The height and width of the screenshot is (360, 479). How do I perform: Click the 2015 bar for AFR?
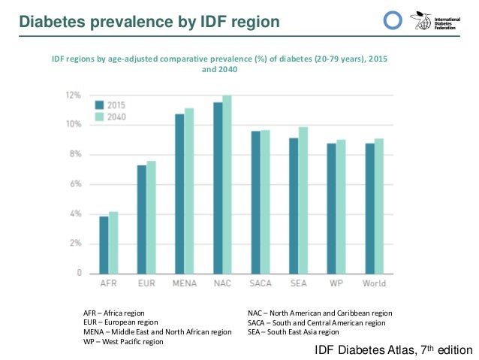pyautogui.click(x=104, y=245)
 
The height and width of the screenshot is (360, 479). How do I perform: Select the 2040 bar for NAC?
pyautogui.click(x=227, y=185)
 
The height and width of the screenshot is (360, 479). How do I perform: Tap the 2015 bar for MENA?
pyautogui.click(x=179, y=194)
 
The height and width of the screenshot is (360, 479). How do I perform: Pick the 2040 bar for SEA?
pyautogui.click(x=303, y=201)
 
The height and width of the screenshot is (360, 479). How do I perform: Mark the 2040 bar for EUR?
pyautogui.click(x=151, y=217)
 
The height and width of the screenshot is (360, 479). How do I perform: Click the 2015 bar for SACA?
pyautogui.click(x=256, y=202)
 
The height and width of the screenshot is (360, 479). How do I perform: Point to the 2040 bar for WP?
pyautogui.click(x=341, y=207)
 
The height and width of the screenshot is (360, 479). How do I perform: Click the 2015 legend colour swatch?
pyautogui.click(x=98, y=104)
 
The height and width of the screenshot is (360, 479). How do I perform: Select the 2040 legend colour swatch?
pyautogui.click(x=98, y=116)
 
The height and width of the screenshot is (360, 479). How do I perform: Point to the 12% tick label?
pyautogui.click(x=74, y=95)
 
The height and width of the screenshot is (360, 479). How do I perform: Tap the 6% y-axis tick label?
pyautogui.click(x=76, y=184)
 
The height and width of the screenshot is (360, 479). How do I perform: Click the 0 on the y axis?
pyautogui.click(x=78, y=274)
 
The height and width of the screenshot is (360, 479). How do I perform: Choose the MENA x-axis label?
pyautogui.click(x=184, y=283)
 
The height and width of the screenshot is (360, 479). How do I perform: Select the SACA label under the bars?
pyautogui.click(x=261, y=283)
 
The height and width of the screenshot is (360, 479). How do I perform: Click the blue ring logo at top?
pyautogui.click(x=393, y=21)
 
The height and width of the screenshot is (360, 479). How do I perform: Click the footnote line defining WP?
pyautogui.click(x=124, y=341)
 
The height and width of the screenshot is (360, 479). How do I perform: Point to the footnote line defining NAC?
pyautogui.click(x=320, y=313)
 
